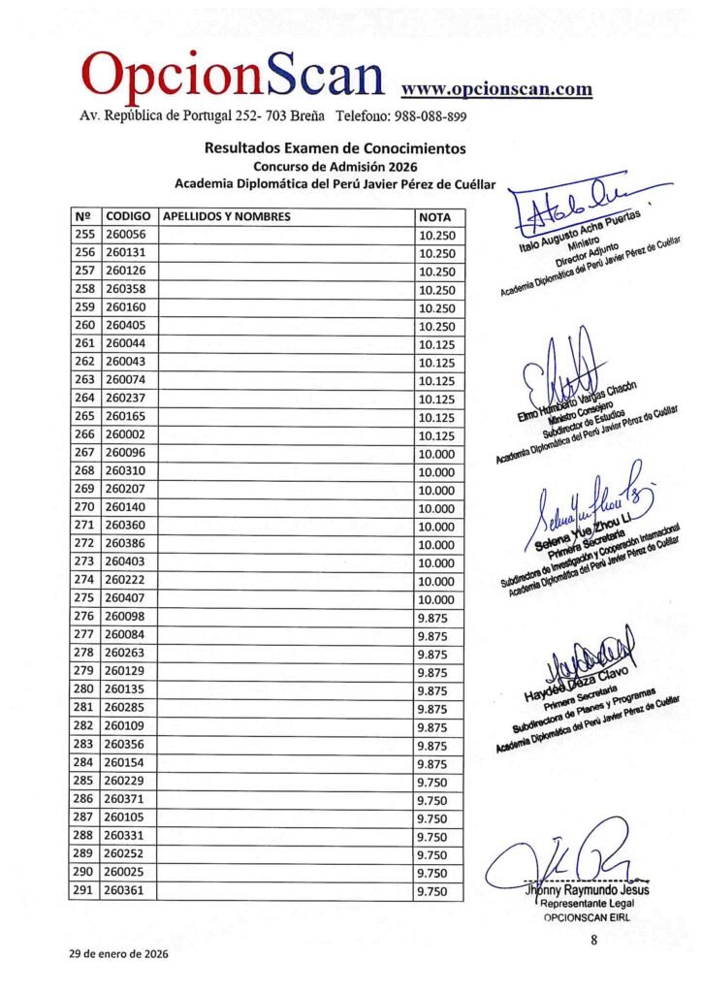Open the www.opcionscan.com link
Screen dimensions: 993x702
click(x=496, y=89)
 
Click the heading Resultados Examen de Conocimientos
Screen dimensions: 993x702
click(x=335, y=148)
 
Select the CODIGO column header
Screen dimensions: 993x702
click(x=126, y=216)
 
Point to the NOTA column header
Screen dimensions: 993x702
click(x=433, y=216)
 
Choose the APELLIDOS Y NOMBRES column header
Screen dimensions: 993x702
click(x=226, y=216)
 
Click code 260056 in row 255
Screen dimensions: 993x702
click(x=126, y=235)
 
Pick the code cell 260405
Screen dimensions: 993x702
click(x=126, y=326)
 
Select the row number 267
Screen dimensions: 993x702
click(x=84, y=454)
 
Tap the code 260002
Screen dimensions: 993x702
click(x=126, y=435)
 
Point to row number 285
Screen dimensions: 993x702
click(x=84, y=783)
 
